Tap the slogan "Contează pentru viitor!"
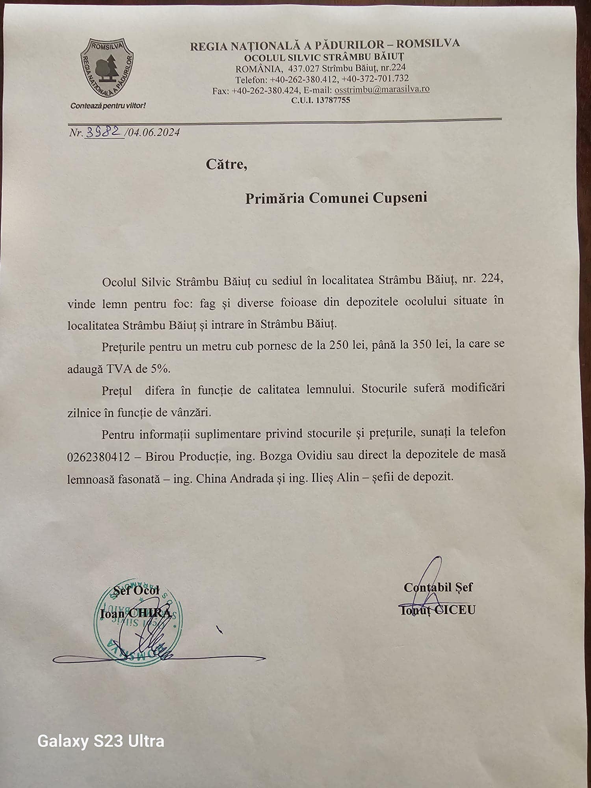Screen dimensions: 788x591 pyautogui.click(x=108, y=106)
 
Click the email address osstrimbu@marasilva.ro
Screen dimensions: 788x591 pyautogui.click(x=382, y=89)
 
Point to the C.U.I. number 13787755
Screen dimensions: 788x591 pyautogui.click(x=333, y=100)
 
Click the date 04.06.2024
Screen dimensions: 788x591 pyautogui.click(x=154, y=132)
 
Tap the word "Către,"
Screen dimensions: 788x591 pyautogui.click(x=227, y=164)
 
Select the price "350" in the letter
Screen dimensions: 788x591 pyautogui.click(x=419, y=344)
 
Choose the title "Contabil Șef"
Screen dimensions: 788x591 pyautogui.click(x=438, y=587)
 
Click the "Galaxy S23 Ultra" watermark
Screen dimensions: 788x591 pyautogui.click(x=101, y=741)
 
